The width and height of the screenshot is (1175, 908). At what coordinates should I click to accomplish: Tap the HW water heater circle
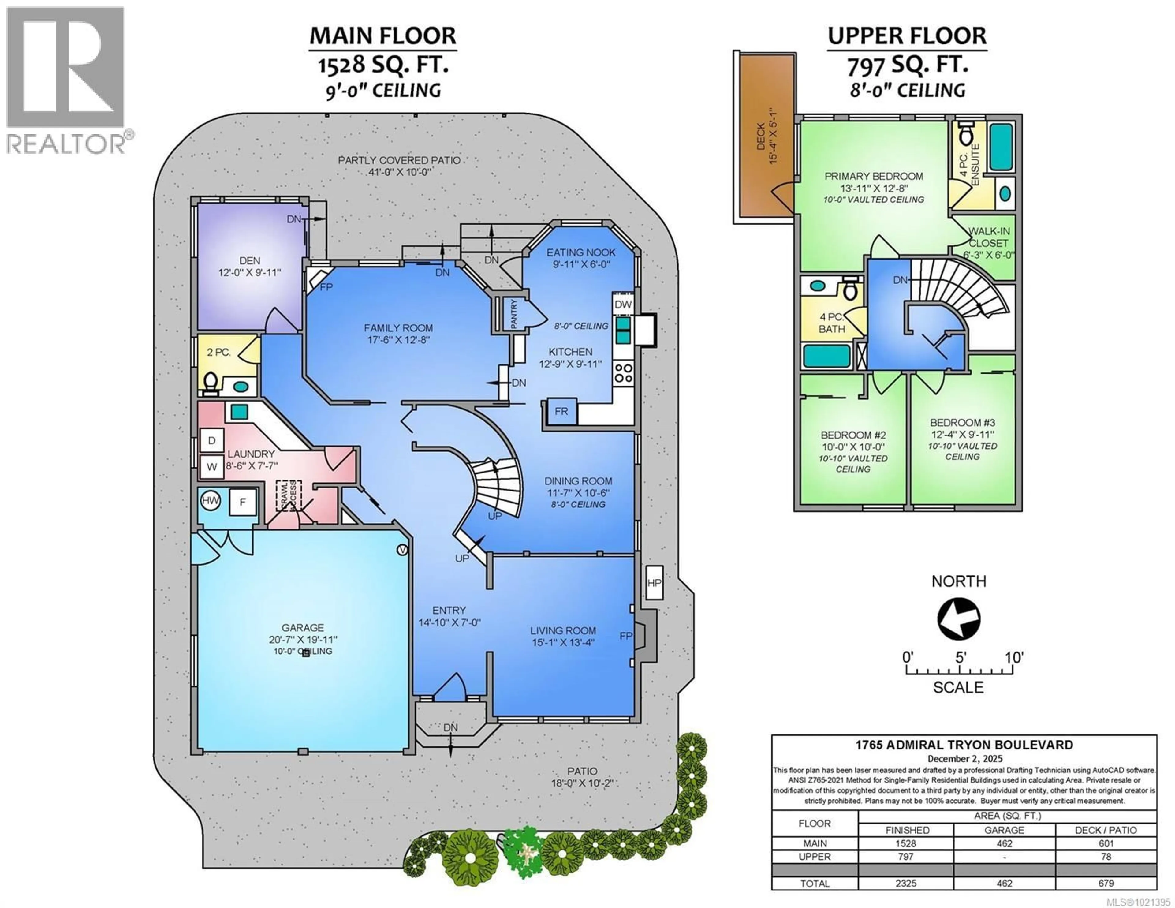click(x=210, y=501)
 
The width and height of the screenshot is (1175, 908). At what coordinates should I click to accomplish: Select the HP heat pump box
click(x=654, y=582)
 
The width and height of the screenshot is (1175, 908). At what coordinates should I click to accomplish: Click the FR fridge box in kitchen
click(x=561, y=412)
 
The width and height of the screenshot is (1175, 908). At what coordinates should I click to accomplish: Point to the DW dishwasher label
click(x=623, y=305)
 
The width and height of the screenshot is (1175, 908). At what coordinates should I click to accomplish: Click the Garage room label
click(x=302, y=628)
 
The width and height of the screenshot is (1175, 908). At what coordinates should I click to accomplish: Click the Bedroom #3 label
click(x=962, y=423)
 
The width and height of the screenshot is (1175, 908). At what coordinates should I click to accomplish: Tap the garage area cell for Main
click(x=1004, y=843)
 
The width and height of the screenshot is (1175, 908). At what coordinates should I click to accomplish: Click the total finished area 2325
click(x=906, y=883)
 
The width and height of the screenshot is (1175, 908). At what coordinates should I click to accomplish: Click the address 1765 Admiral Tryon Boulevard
click(x=964, y=745)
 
